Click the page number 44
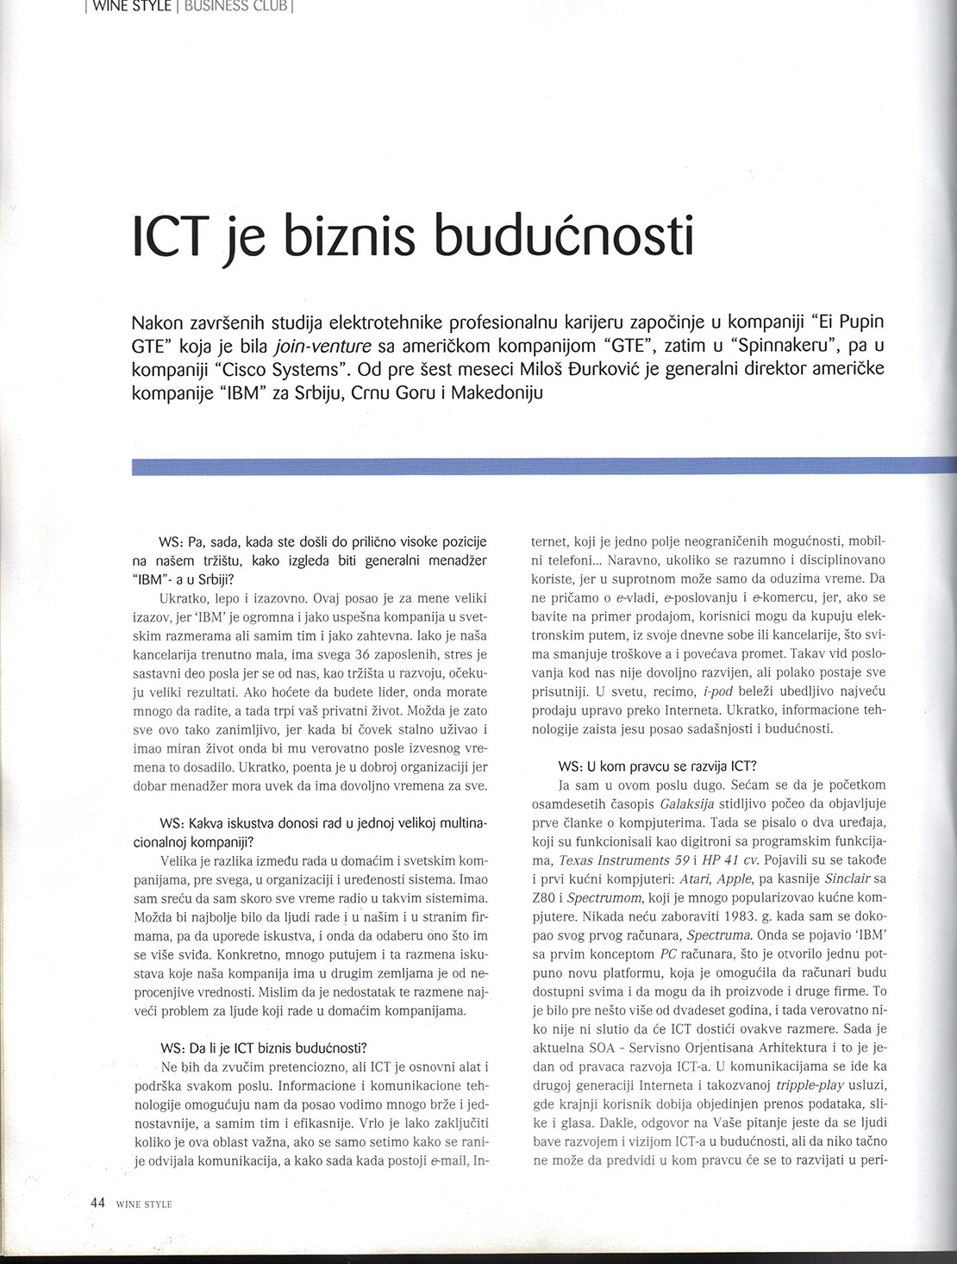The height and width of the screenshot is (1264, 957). pyautogui.click(x=97, y=1202)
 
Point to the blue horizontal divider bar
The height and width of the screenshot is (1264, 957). pyautogui.click(x=535, y=466)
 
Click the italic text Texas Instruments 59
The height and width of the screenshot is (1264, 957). pyautogui.click(x=613, y=860)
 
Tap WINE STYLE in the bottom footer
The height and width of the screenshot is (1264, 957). pyautogui.click(x=144, y=1204)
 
